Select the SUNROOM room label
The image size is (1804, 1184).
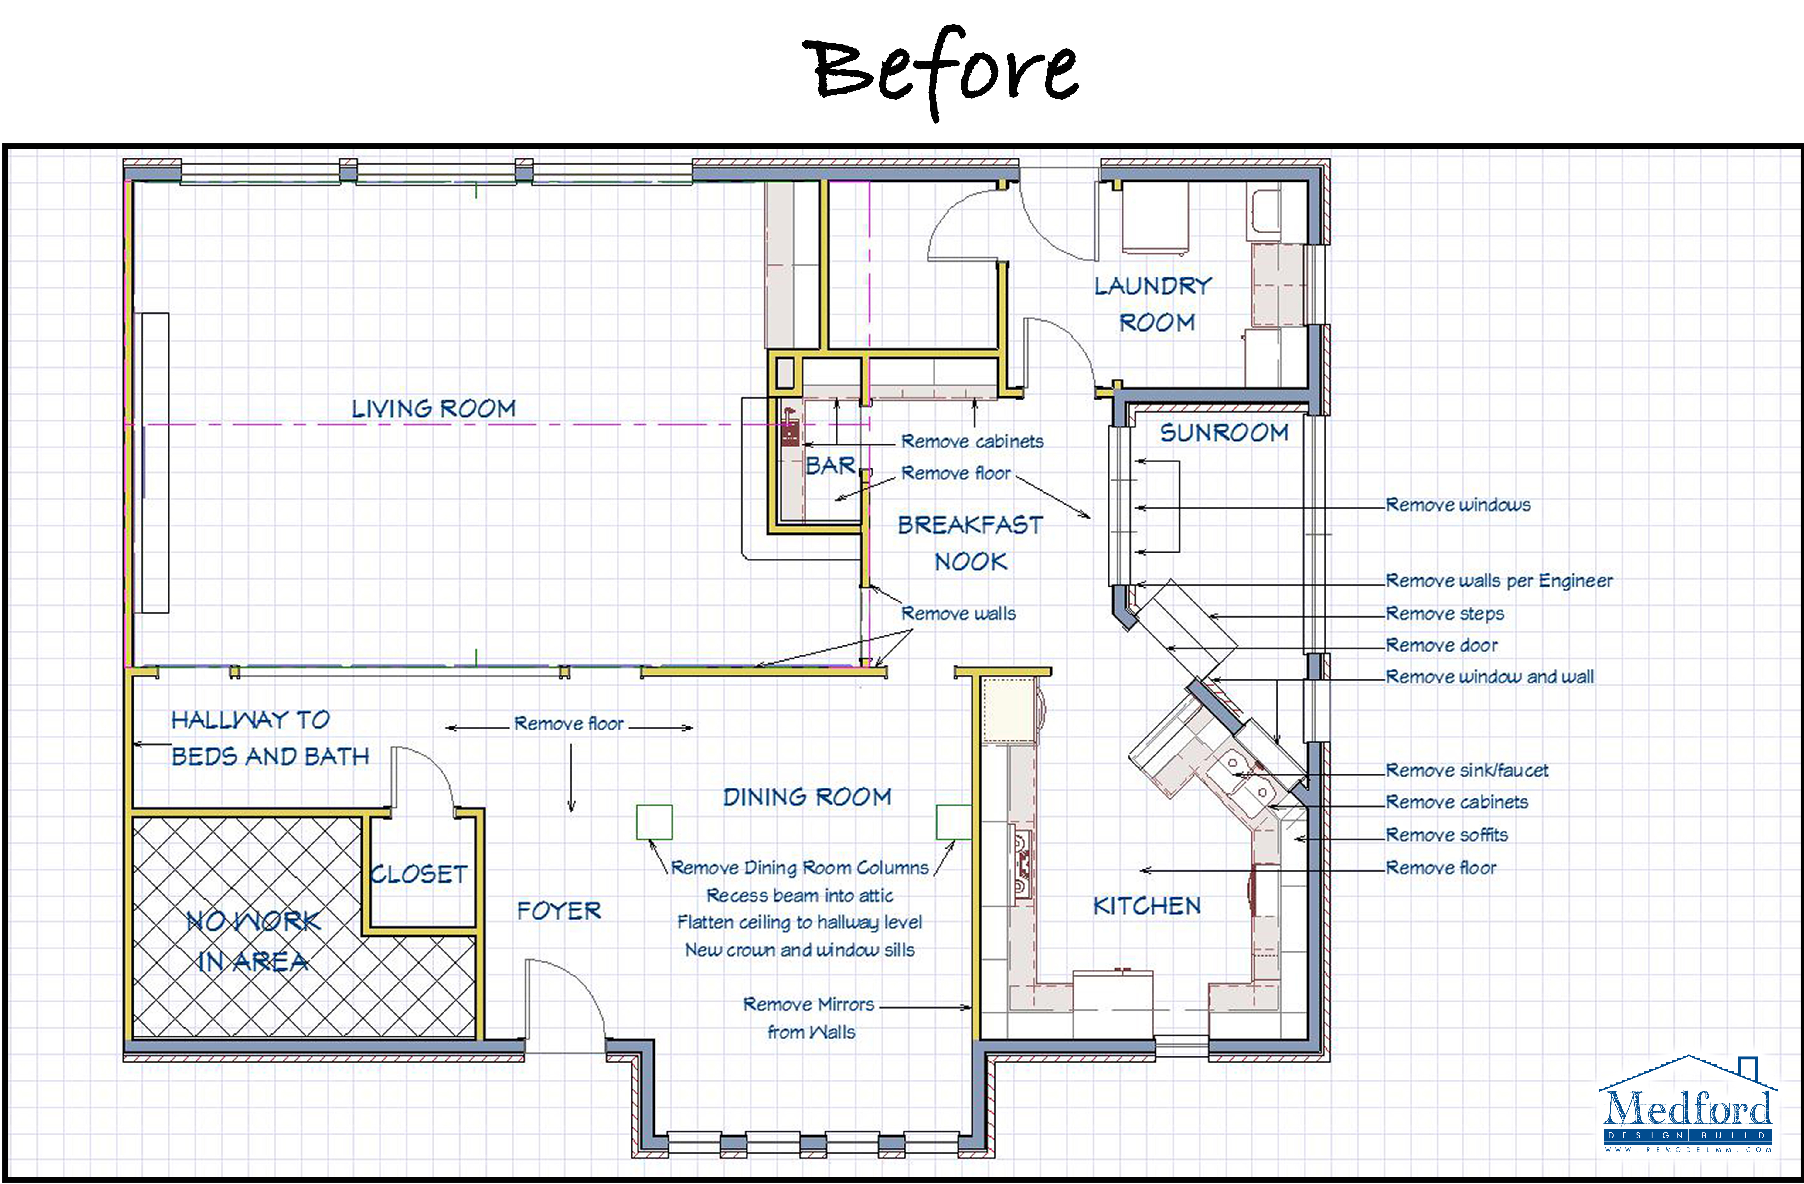[1224, 433]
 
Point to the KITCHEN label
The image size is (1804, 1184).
[1147, 906]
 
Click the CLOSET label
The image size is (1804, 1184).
[418, 874]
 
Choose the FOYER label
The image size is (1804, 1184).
[559, 910]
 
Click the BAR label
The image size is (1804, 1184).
[830, 465]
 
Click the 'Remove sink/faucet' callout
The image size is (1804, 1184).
[1467, 770]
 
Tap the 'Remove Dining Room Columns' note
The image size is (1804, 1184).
[800, 868]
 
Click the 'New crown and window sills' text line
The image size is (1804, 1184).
[800, 950]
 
